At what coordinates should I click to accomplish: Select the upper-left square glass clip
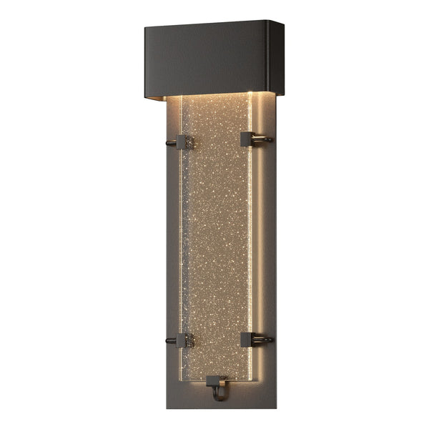(184, 142)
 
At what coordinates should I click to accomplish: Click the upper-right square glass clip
(247, 139)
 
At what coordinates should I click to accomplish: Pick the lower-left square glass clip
(184, 340)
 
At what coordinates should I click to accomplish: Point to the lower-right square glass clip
(247, 339)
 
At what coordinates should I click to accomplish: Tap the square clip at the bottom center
(216, 381)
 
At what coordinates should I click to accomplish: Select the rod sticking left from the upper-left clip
(171, 143)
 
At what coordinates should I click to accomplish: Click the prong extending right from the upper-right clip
(264, 139)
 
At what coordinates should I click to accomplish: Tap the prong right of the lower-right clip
(264, 339)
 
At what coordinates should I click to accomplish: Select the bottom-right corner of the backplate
(275, 407)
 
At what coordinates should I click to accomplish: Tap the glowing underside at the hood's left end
(172, 98)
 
